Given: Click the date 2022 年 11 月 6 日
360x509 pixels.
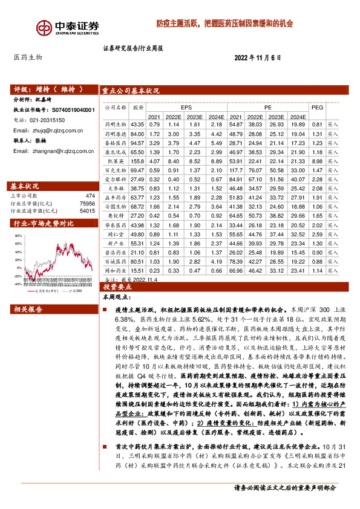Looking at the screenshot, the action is click(x=258, y=57).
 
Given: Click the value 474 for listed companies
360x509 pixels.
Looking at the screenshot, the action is click(x=90, y=196).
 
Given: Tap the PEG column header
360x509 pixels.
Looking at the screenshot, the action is click(x=316, y=106).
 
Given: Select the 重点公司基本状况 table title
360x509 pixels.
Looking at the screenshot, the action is click(x=131, y=90).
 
